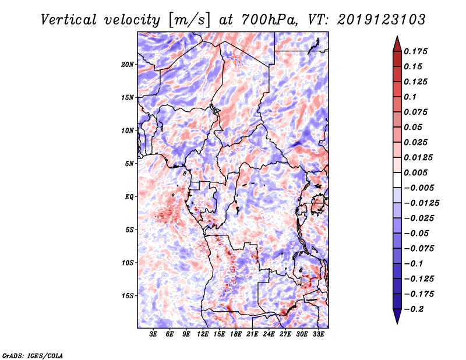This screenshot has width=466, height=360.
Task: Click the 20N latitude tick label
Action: (127, 65)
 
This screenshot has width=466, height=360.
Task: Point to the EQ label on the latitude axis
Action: (129, 197)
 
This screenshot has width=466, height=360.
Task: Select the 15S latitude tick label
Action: (128, 296)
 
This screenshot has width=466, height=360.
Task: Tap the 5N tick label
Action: (129, 164)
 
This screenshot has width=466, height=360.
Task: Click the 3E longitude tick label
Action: (153, 334)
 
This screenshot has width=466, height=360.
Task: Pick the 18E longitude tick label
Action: (236, 334)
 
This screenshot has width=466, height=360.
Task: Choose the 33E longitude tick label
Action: (318, 334)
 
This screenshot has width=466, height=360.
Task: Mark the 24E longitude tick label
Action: (269, 334)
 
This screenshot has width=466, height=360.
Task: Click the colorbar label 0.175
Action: (416, 51)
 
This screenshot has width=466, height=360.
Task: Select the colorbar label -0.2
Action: (414, 309)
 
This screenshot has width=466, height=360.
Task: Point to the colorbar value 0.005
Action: (416, 172)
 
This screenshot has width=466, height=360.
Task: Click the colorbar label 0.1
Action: (410, 97)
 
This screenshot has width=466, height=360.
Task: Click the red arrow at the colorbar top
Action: (397, 44)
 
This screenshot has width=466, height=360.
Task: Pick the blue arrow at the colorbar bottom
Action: (397, 316)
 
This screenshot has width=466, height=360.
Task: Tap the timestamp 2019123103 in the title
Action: (382, 20)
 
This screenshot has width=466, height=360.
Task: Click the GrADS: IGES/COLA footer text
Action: (33, 355)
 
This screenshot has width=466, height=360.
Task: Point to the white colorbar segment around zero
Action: (397, 180)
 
